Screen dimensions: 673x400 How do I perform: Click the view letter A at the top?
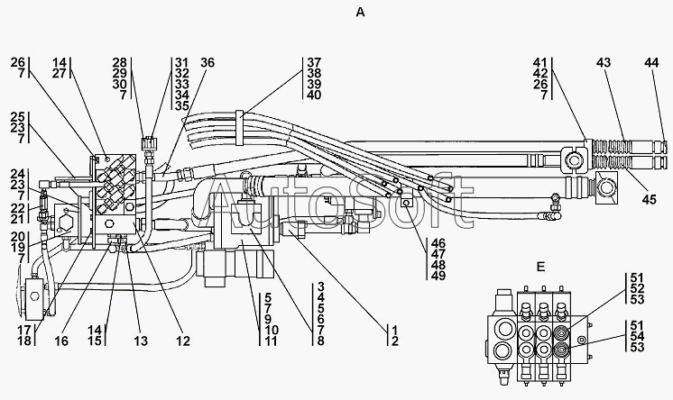tap(361, 13)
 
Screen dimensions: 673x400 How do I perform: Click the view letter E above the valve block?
tap(540, 267)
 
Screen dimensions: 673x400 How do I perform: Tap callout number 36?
tap(207, 62)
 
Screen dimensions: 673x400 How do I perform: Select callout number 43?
tap(603, 62)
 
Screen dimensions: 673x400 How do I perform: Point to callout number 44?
tap(651, 62)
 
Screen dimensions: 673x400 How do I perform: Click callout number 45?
tap(650, 199)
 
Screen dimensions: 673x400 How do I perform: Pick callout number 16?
tap(61, 341)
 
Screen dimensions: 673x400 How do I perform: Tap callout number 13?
tap(141, 341)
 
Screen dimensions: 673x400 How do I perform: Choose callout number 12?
tap(182, 341)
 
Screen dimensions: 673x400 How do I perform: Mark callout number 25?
tap(18, 117)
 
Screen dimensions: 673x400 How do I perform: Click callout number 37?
tap(314, 62)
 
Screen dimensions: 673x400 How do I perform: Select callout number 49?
tap(438, 276)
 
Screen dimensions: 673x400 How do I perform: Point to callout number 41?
tap(540, 62)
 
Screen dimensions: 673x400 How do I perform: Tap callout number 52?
tap(638, 288)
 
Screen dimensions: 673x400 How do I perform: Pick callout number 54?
tap(638, 336)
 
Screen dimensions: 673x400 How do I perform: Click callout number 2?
tap(394, 341)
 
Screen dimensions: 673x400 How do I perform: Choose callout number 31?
tap(182, 62)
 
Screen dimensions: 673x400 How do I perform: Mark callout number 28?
tap(120, 62)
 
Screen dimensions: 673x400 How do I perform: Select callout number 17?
tap(24, 330)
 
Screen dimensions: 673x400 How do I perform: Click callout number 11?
tap(272, 341)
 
